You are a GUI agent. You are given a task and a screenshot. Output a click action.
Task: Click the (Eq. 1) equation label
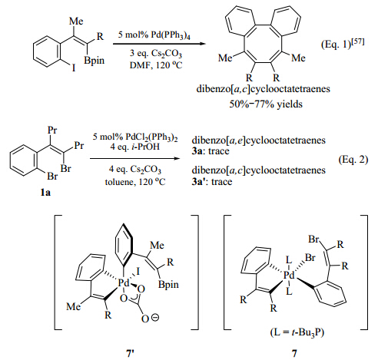(343, 44)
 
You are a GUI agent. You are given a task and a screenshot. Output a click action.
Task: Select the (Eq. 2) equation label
(353, 160)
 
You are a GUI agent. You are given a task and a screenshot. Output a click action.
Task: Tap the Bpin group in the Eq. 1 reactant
(94, 61)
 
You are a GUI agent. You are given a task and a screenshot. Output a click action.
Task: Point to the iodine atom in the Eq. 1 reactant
(74, 68)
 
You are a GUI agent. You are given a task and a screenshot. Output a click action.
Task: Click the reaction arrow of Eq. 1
(159, 44)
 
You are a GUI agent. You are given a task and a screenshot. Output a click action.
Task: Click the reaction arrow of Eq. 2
(135, 158)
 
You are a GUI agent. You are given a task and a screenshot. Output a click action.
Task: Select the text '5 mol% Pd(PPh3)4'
(154, 35)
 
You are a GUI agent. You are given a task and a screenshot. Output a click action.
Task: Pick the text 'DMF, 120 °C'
(156, 65)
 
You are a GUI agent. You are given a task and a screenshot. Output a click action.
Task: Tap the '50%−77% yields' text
(266, 104)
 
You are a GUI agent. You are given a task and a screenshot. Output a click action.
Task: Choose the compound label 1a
(45, 192)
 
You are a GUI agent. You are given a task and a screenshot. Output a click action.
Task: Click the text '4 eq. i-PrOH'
(135, 147)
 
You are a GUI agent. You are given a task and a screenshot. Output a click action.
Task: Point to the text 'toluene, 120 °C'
(135, 182)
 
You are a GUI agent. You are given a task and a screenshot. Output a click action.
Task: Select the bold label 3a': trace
(212, 182)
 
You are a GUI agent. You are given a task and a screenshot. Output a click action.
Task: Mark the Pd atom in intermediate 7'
(124, 283)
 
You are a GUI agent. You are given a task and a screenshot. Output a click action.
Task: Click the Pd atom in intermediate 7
(289, 276)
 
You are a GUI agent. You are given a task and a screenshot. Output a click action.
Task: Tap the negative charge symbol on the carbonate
(155, 318)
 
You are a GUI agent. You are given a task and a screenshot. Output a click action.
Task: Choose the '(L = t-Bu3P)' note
(297, 332)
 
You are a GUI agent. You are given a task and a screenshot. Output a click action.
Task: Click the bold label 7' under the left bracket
(130, 353)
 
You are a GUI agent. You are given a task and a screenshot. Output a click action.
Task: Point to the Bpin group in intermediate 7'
(168, 285)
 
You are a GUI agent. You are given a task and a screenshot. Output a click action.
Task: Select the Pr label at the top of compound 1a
(52, 130)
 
